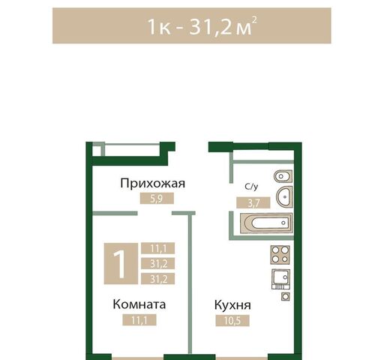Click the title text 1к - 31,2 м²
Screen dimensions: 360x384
pos(192,27)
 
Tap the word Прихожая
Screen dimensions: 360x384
pos(153,184)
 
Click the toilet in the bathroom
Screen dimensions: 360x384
pos(282,177)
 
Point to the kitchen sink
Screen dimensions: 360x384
pos(280,278)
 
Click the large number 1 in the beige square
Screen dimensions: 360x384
pos(119,262)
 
